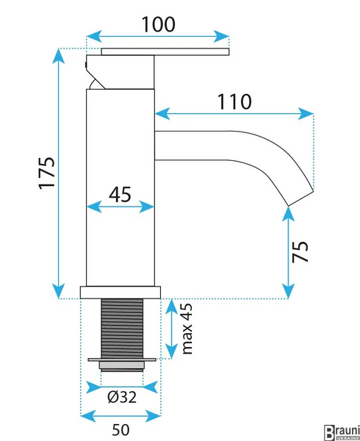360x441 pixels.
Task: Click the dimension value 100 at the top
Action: point(159,24)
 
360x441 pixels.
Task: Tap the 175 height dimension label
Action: point(46,173)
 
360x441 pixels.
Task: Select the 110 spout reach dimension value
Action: point(234,101)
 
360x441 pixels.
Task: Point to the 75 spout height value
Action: point(300,251)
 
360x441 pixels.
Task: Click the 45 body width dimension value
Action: point(120,194)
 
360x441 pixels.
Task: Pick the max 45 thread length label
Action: point(187,329)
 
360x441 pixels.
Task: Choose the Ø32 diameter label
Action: point(122,397)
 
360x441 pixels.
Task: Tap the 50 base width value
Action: point(120,429)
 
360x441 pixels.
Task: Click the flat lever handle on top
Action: point(165,51)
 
